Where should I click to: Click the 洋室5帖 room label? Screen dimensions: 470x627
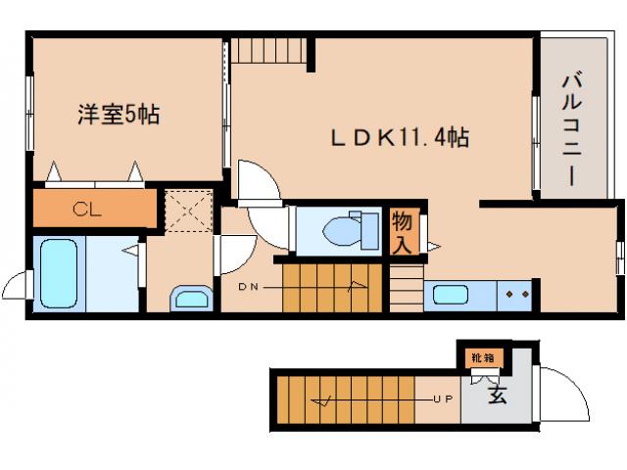tap(119, 116)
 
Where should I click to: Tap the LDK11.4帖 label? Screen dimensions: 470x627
tap(397, 139)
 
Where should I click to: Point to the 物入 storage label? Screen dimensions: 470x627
tap(402, 231)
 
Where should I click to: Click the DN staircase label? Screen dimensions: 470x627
tap(249, 287)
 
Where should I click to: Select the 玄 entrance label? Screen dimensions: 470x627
tap(498, 397)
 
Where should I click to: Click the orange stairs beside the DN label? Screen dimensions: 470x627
tap(323, 288)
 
